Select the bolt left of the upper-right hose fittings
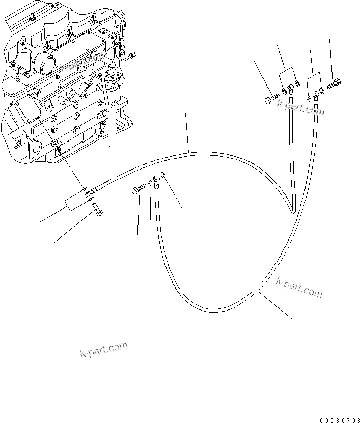click(x=271, y=98)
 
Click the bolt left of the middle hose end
click(x=139, y=190)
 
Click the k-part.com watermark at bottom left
click(x=103, y=350)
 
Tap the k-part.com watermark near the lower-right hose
click(x=299, y=288)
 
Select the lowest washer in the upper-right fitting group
click(x=309, y=98)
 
